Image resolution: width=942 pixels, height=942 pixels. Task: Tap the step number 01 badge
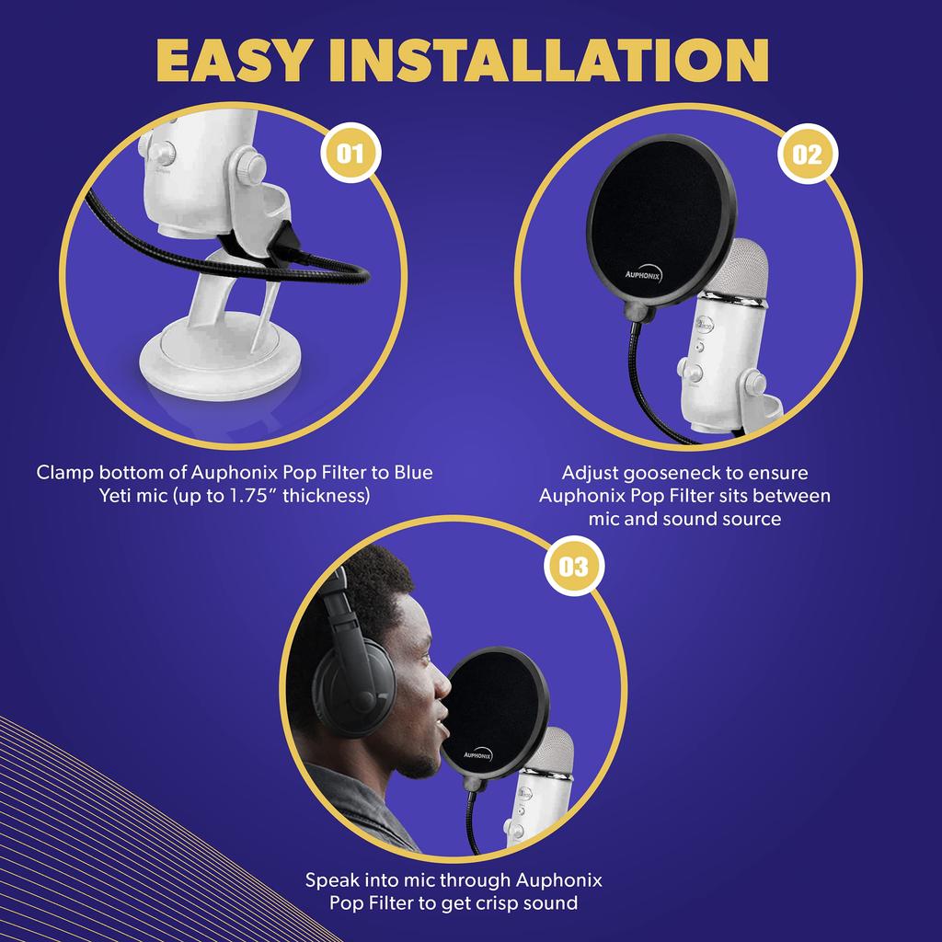click(x=350, y=154)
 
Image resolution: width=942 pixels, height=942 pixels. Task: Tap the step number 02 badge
click(x=807, y=155)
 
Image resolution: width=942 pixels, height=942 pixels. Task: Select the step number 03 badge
click(x=573, y=566)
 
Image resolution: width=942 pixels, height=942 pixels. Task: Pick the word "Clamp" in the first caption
click(x=65, y=473)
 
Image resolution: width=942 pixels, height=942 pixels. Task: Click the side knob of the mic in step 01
click(x=248, y=167)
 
